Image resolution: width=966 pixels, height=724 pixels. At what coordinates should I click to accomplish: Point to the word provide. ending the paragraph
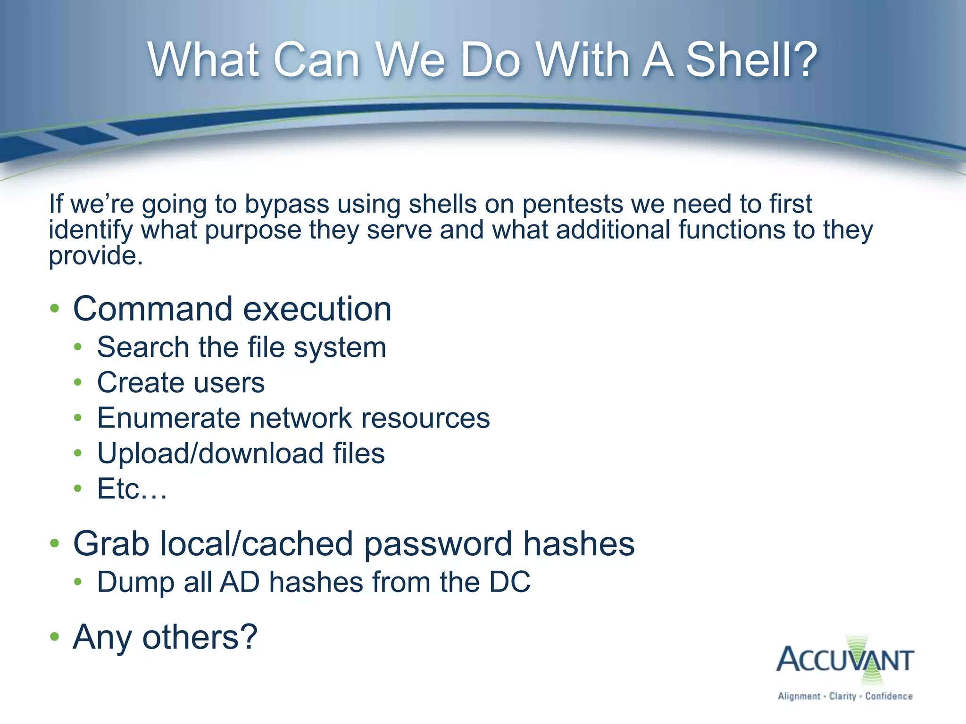(96, 256)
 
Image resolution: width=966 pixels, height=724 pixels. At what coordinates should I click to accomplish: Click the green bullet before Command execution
(55, 309)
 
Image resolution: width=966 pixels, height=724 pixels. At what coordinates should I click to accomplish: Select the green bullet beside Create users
(78, 383)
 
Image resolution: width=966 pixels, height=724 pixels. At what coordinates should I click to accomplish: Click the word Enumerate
(168, 418)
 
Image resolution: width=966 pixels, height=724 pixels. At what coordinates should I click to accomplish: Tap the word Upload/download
(210, 453)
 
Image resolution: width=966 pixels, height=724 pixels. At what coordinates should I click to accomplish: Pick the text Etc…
(132, 489)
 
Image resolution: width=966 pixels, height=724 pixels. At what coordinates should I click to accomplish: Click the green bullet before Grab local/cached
(55, 544)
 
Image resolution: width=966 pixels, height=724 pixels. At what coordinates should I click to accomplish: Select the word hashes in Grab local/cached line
(579, 544)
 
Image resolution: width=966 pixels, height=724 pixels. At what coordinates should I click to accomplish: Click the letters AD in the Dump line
(240, 582)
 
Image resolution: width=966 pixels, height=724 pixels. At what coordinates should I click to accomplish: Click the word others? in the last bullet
(200, 637)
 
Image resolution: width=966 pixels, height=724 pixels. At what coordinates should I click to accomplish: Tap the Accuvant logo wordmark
(845, 660)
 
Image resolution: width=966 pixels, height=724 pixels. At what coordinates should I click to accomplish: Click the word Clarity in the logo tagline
(842, 696)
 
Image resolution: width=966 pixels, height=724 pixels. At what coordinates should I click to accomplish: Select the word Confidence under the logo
(889, 696)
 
